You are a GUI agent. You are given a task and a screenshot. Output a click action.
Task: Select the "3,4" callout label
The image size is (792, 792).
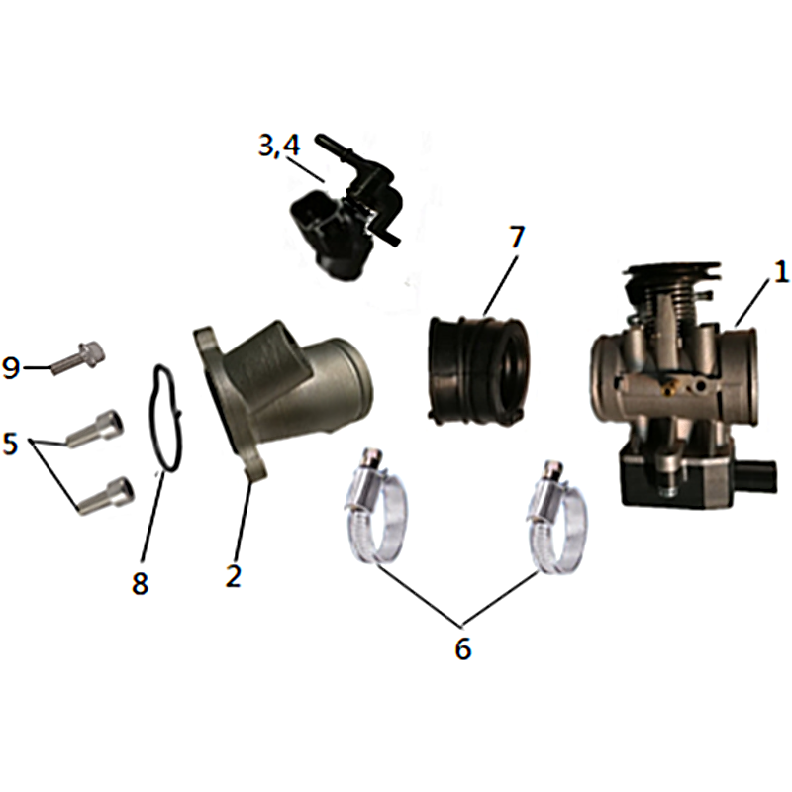click(x=279, y=147)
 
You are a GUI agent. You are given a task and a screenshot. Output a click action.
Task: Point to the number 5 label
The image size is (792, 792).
click(x=10, y=444)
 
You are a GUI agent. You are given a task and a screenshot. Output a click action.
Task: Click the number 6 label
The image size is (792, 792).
click(x=462, y=647)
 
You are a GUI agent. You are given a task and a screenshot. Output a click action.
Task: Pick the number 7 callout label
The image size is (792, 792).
click(x=515, y=238)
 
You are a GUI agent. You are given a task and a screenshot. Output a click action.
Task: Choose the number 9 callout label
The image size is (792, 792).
click(x=11, y=367)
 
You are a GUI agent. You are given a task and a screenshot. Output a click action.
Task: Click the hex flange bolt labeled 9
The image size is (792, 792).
click(x=79, y=356)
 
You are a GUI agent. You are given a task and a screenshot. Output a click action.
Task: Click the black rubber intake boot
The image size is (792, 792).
click(x=478, y=369)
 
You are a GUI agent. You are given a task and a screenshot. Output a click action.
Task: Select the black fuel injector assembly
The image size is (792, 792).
click(x=344, y=210)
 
